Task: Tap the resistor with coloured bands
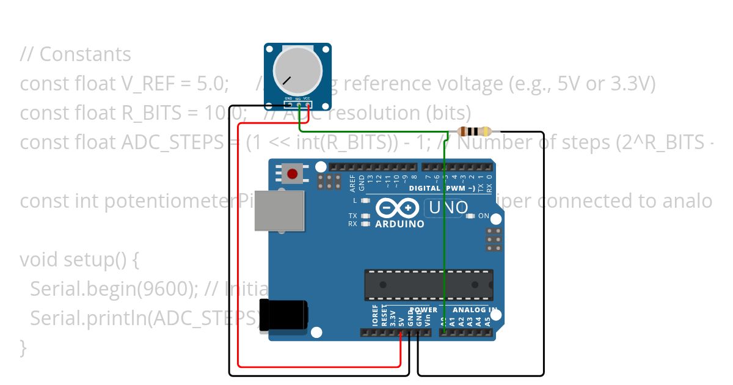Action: click(475, 131)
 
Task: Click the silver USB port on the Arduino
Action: click(279, 211)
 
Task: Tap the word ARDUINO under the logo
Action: click(399, 224)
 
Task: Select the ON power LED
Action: click(471, 216)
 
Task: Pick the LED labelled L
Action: click(365, 200)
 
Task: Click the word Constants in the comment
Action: click(85, 54)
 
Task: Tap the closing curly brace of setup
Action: click(23, 347)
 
